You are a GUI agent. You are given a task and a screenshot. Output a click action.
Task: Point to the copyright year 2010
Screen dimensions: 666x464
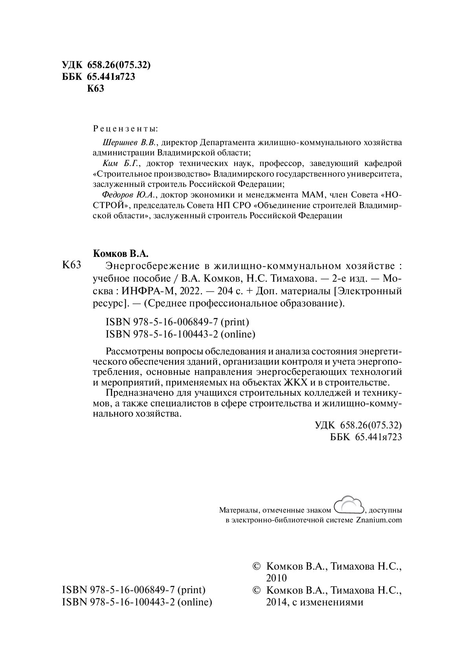tap(277, 578)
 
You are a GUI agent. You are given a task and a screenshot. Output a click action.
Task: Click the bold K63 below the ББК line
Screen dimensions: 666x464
tap(95, 89)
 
